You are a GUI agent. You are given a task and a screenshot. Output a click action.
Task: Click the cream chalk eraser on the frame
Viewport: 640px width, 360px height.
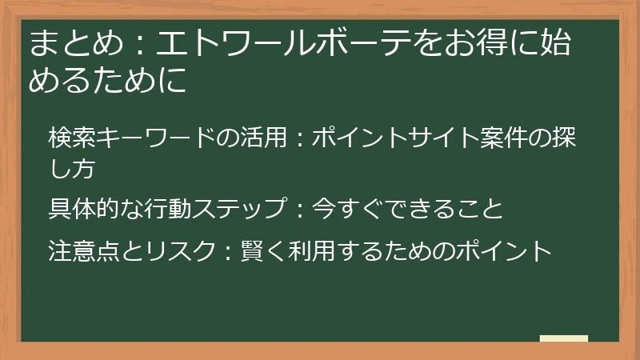(563, 338)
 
